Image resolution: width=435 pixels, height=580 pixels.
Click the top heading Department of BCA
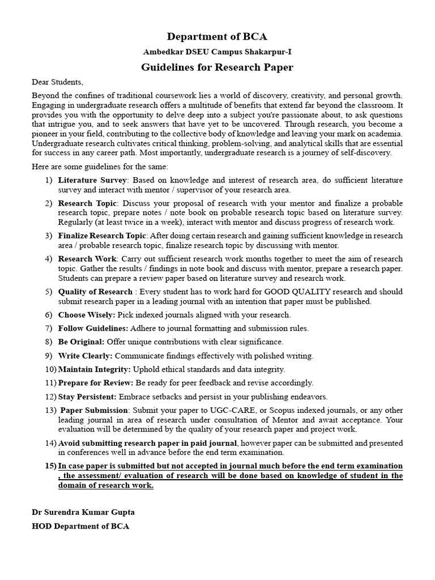(217, 37)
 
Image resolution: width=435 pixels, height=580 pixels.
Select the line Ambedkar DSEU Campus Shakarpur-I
(217, 52)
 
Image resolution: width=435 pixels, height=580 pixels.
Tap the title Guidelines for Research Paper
(217, 67)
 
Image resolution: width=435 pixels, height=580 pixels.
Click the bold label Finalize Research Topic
(103, 236)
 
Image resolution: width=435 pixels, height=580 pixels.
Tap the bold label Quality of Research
(95, 292)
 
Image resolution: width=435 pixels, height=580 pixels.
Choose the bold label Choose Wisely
(87, 314)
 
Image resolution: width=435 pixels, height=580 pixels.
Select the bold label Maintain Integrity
(95, 369)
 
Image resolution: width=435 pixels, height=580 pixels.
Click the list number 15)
(50, 466)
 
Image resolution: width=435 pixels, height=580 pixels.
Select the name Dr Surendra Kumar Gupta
(83, 512)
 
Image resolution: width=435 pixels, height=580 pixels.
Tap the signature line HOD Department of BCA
(80, 526)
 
